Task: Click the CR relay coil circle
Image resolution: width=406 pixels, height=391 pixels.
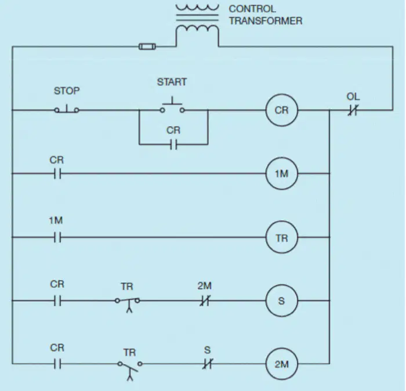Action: tap(282, 94)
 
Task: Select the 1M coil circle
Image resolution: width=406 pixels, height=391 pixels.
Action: tap(282, 157)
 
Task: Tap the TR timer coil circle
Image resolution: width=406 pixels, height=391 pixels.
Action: tap(282, 221)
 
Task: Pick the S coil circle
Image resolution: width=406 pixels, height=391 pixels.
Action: tap(282, 285)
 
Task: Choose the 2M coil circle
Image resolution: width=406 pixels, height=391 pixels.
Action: tap(282, 348)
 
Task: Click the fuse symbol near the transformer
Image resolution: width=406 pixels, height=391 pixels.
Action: tap(147, 46)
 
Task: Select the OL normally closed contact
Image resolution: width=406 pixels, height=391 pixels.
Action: tap(353, 110)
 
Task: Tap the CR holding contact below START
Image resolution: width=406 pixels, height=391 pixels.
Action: tap(174, 144)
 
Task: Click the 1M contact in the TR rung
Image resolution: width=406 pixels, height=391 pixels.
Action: tap(58, 237)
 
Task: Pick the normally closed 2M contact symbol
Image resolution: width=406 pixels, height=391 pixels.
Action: tap(205, 301)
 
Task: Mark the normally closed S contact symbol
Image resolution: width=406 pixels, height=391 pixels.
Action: tap(208, 364)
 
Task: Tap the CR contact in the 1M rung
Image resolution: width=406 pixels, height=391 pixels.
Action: tap(58, 173)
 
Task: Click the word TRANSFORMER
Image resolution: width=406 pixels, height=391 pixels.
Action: tap(266, 21)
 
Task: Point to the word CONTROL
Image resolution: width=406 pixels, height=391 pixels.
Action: tap(252, 9)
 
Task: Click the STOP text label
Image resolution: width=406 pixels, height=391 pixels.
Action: tap(67, 90)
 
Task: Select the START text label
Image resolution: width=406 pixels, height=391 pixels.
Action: tap(172, 82)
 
